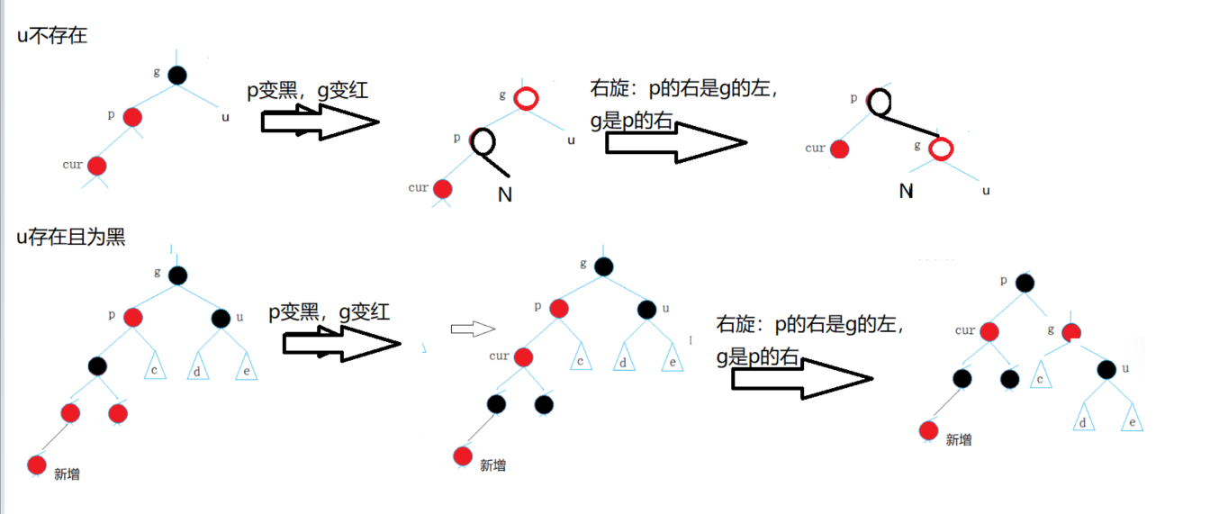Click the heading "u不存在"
tap(52, 37)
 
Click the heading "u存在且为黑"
tap(71, 238)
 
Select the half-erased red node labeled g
tap(1070, 332)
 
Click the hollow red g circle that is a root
tap(527, 98)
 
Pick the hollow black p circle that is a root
tap(879, 102)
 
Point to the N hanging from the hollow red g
tap(906, 191)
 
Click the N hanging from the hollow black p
tap(505, 194)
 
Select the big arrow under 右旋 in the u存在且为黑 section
tap(801, 377)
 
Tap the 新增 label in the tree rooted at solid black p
tap(958, 439)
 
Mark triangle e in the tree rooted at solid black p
tap(1132, 419)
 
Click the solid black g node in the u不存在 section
tap(176, 75)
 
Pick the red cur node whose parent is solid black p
tap(989, 331)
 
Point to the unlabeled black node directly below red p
tap(98, 365)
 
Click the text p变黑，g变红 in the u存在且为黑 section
tap(329, 312)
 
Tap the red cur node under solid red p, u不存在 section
tap(96, 166)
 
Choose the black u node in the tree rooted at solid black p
tap(1106, 369)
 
